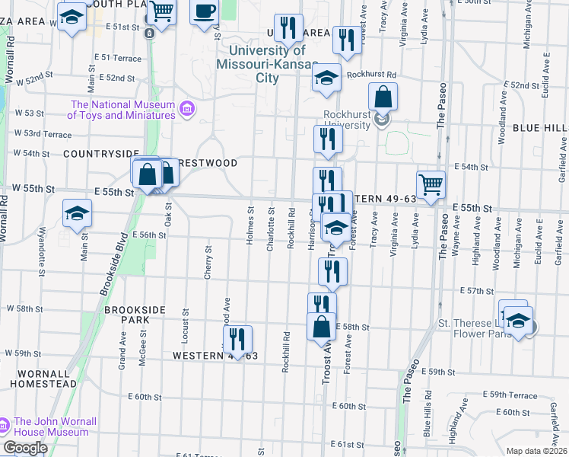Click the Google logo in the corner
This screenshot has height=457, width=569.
tap(25, 447)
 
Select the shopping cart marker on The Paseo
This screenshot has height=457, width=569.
tap(431, 184)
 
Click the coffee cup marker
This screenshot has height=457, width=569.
tap(204, 11)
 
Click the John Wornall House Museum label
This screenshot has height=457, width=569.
tap(51, 427)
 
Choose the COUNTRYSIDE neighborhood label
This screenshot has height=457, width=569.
tap(101, 153)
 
